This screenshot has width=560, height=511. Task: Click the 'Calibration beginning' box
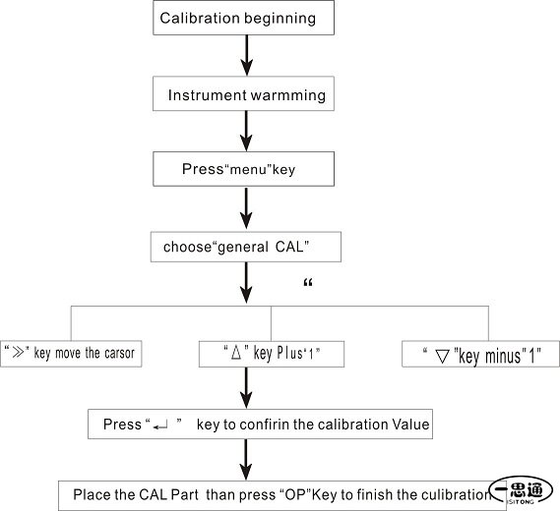click(x=243, y=18)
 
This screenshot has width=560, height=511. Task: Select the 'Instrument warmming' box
click(x=243, y=93)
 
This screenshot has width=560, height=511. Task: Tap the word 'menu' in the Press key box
click(x=249, y=169)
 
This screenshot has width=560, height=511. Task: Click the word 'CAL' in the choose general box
click(x=289, y=247)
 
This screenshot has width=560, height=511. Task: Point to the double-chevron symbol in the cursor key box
click(x=19, y=353)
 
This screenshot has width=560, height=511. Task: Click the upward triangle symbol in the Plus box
click(x=236, y=353)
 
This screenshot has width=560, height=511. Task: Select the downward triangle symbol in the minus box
click(x=443, y=357)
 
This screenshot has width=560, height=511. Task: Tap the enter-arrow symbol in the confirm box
click(x=160, y=426)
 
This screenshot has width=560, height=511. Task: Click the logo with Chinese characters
click(x=521, y=490)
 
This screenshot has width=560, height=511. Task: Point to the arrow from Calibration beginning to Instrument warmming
click(x=246, y=55)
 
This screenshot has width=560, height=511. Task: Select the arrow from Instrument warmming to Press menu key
click(x=246, y=131)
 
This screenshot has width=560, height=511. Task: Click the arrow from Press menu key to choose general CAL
click(x=246, y=208)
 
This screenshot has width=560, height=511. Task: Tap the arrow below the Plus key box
click(x=246, y=388)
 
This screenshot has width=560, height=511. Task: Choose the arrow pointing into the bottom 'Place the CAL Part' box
click(x=246, y=460)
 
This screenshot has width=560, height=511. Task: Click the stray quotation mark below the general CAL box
click(x=308, y=283)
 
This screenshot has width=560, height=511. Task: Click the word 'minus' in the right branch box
click(x=503, y=357)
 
